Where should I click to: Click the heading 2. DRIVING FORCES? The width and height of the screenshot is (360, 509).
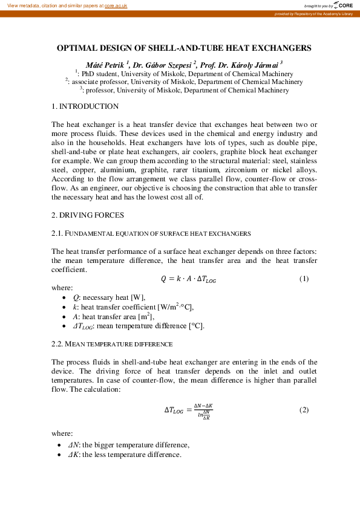click(88, 215)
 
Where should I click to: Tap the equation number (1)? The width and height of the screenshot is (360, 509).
click(304, 279)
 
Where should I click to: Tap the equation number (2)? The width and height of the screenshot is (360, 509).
click(304, 409)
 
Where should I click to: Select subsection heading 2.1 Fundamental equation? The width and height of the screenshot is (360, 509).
click(151, 233)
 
